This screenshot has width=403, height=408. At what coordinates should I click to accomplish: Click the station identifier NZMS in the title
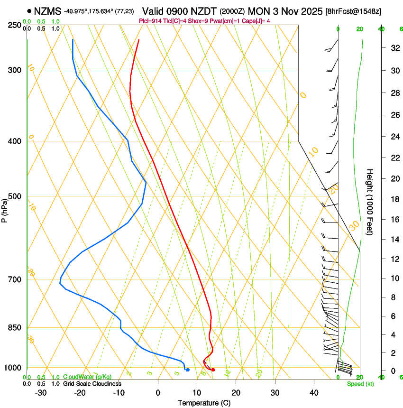coord(48,10)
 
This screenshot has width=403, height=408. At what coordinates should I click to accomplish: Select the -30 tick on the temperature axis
coord(41,393)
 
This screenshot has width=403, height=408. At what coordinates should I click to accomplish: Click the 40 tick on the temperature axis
coord(314,393)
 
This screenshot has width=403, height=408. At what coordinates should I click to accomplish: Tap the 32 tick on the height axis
coord(394,47)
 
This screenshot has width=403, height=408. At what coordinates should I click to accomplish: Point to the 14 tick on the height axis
coord(394,240)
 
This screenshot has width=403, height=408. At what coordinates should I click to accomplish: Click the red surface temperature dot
coord(213,370)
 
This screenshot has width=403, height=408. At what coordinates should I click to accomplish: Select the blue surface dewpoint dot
coord(188,370)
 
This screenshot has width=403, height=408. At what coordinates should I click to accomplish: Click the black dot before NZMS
coord(29,10)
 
